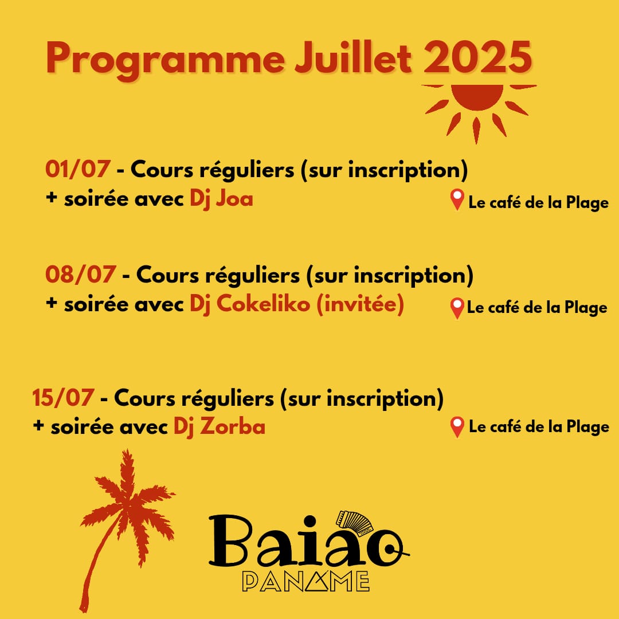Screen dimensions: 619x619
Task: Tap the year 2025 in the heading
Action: (x=478, y=58)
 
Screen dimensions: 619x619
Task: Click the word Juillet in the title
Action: (x=353, y=58)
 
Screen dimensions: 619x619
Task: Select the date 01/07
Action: (x=78, y=169)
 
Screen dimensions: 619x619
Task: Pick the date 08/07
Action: (x=81, y=275)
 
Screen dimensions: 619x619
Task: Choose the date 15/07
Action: (x=63, y=398)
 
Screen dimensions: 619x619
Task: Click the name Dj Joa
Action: (x=221, y=198)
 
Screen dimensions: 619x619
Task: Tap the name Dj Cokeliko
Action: (x=250, y=304)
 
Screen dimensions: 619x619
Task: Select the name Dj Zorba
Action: (x=220, y=427)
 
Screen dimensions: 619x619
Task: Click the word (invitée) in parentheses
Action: (x=361, y=304)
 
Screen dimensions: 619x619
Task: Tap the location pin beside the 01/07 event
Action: (x=457, y=200)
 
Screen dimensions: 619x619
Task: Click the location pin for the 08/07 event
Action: (x=457, y=308)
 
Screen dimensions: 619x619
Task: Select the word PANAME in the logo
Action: (x=305, y=582)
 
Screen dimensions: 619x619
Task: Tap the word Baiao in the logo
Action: (x=308, y=542)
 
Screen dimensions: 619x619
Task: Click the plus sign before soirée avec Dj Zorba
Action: (x=38, y=425)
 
